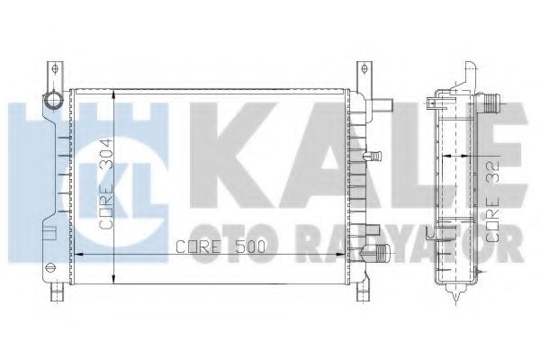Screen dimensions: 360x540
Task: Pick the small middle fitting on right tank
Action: pos(377,158)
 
